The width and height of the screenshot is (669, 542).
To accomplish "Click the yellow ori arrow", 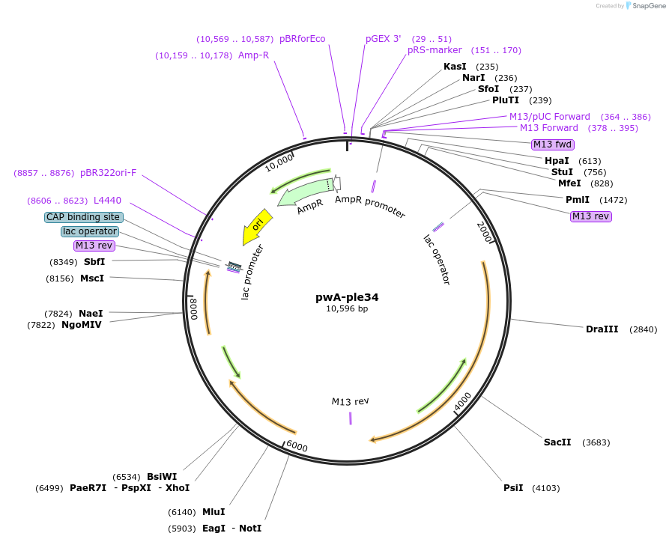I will pyautogui.click(x=256, y=226).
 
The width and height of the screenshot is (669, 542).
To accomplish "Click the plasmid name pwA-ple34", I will pyautogui.click(x=347, y=296).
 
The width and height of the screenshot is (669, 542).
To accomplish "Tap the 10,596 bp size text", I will pyautogui.click(x=347, y=308).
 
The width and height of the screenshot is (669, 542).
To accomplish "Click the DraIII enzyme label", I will pyautogui.click(x=602, y=329).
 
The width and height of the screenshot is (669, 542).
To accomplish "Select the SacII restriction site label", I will pyautogui.click(x=557, y=442).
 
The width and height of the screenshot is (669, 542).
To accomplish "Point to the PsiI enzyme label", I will pyautogui.click(x=513, y=488).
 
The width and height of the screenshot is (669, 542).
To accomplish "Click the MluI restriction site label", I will pyautogui.click(x=214, y=512).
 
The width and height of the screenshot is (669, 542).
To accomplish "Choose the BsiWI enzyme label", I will pyautogui.click(x=162, y=477).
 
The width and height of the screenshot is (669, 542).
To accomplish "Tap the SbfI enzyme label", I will pyautogui.click(x=94, y=262).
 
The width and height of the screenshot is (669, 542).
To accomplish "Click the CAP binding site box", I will pyautogui.click(x=83, y=217).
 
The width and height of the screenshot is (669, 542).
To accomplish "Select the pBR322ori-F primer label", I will pyautogui.click(x=109, y=173).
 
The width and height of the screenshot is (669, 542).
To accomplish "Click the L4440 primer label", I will pyautogui.click(x=107, y=201).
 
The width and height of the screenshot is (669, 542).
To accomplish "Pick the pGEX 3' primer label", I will pyautogui.click(x=384, y=39).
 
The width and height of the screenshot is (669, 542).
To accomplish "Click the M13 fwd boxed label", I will pyautogui.click(x=552, y=144).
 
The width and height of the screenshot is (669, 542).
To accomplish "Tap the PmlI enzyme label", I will pyautogui.click(x=578, y=200).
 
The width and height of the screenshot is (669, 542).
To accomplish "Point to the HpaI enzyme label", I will pyautogui.click(x=557, y=161).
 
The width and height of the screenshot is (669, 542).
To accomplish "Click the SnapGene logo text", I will pyautogui.click(x=648, y=6).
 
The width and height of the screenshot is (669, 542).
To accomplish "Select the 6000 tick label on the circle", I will pyautogui.click(x=297, y=446).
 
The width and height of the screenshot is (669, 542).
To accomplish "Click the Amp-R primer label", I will pyautogui.click(x=253, y=55).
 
